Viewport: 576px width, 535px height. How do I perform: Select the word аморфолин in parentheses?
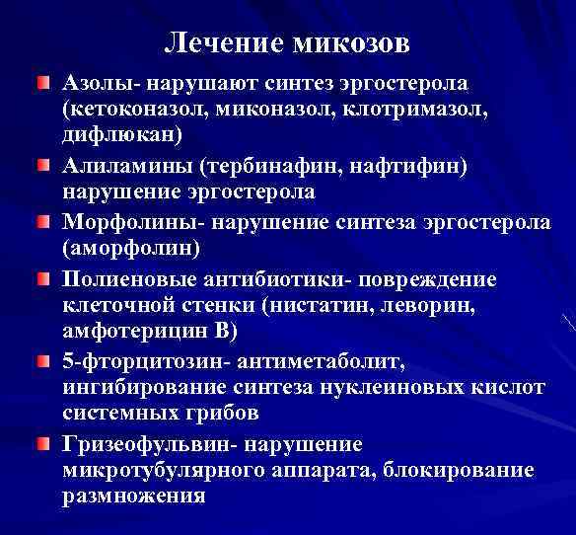(132, 247)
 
